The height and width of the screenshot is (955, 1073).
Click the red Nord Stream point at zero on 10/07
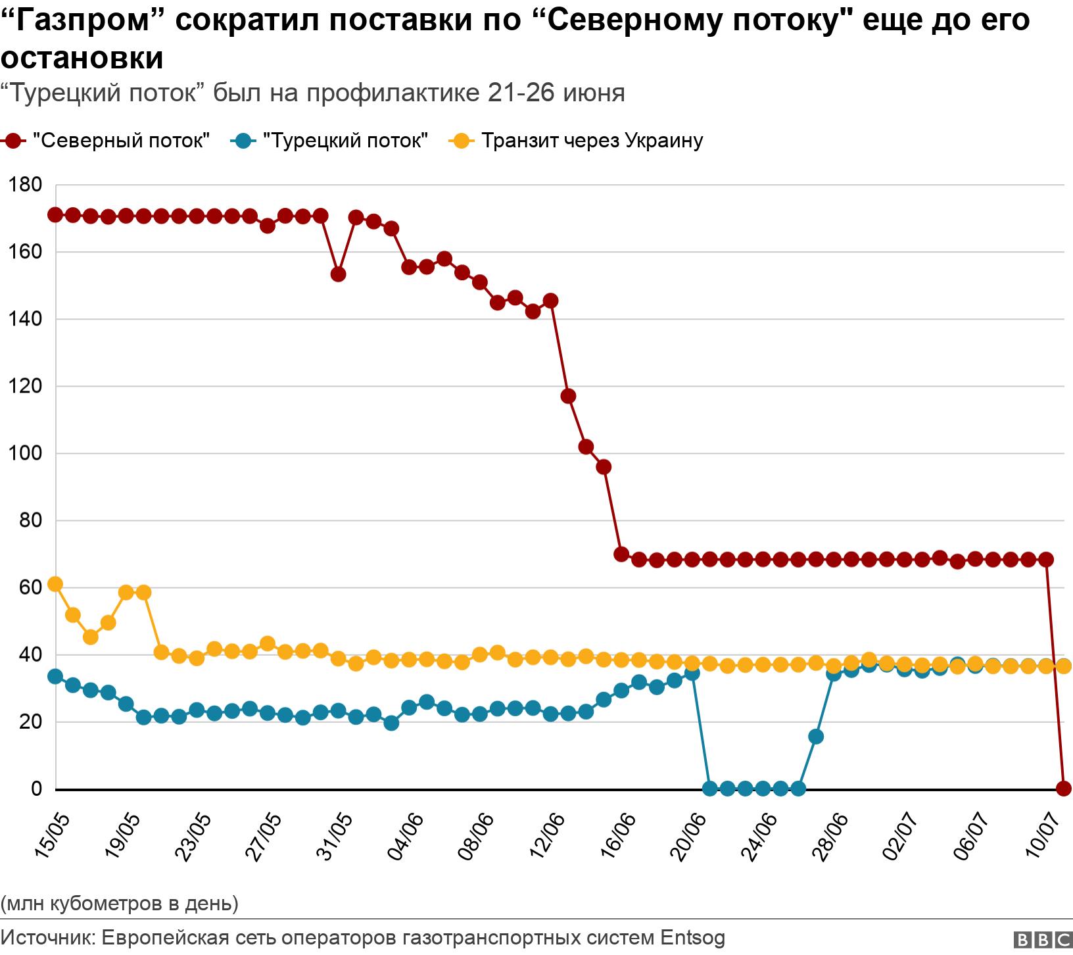[x=1064, y=788]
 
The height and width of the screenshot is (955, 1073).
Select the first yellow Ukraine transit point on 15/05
[x=55, y=584]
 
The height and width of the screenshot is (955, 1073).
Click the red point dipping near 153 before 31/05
[x=338, y=274]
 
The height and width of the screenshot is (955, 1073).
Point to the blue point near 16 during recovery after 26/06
[x=816, y=737]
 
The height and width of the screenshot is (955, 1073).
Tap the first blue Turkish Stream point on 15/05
[x=55, y=676]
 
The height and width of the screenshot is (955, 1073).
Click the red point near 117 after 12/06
[x=569, y=396]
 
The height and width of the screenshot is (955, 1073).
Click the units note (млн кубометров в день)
[x=120, y=903]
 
